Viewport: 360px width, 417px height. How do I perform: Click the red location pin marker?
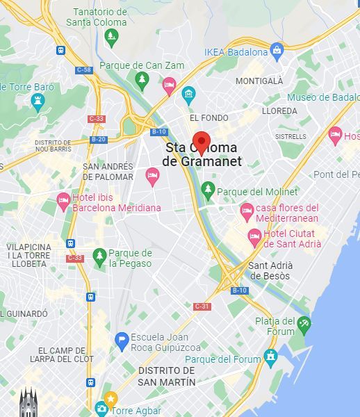pyautogui.click(x=202, y=141)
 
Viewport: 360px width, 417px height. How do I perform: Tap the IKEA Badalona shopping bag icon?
pyautogui.click(x=277, y=50)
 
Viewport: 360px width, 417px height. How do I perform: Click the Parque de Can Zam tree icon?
pyautogui.click(x=142, y=80)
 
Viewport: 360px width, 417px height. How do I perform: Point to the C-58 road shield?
pyautogui.click(x=84, y=69)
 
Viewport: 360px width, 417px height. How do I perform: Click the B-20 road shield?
pyautogui.click(x=98, y=139)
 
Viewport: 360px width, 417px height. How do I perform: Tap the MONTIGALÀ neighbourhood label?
pyautogui.click(x=259, y=81)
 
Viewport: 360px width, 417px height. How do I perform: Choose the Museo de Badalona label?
pyautogui.click(x=322, y=97)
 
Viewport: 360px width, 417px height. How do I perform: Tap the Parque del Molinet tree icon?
pyautogui.click(x=207, y=189)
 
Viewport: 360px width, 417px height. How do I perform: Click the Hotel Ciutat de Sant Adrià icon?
pyautogui.click(x=255, y=238)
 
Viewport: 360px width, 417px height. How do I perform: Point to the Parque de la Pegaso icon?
pyautogui.click(x=99, y=256)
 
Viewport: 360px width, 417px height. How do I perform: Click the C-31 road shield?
pyautogui.click(x=202, y=306)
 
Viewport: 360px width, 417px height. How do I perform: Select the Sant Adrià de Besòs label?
pyautogui.click(x=270, y=270)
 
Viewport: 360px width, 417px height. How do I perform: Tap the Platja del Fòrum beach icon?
pyautogui.click(x=304, y=323)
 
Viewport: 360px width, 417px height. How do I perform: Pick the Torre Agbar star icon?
pyautogui.click(x=111, y=399)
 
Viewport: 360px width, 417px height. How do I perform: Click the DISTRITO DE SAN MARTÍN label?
pyautogui.click(x=166, y=376)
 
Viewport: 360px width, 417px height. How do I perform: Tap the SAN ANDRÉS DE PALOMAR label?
pyautogui.click(x=108, y=171)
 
